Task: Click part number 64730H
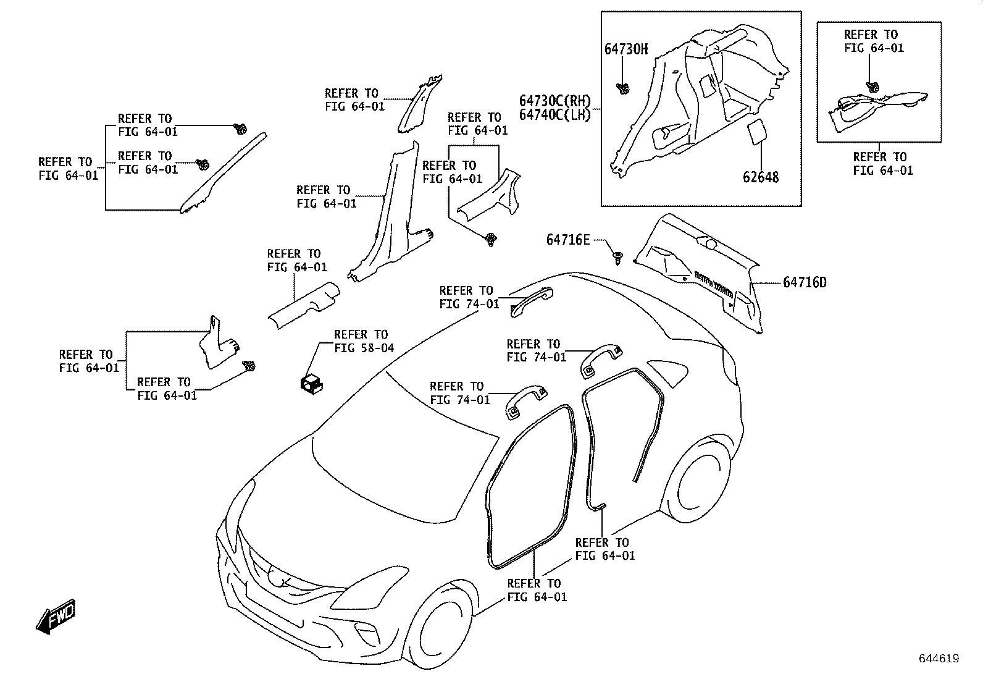click(625, 49)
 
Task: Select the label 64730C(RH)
click(554, 101)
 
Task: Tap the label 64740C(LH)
click(554, 115)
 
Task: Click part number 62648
click(760, 177)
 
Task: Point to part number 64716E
click(567, 240)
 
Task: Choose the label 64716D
click(804, 282)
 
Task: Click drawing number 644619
click(939, 659)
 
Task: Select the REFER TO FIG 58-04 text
click(363, 341)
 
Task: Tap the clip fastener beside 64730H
click(622, 89)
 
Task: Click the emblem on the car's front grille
click(283, 580)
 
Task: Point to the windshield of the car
click(401, 457)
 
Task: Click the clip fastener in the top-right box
click(872, 87)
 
